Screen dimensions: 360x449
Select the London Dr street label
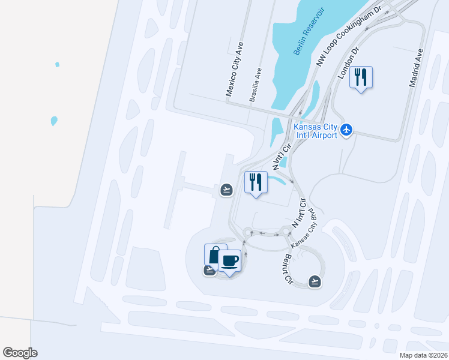pos(348,63)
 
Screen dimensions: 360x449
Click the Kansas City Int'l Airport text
pos(315,130)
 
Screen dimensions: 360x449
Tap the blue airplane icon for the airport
pos(346,130)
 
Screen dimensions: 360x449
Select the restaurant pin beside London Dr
pos(361,77)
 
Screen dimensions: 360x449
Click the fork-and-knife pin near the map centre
pos(256,182)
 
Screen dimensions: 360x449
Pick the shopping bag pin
pos(214,254)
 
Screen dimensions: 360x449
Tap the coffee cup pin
pos(230,260)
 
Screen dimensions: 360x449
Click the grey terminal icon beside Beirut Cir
pos(315,281)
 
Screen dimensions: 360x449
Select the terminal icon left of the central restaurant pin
pos(226,190)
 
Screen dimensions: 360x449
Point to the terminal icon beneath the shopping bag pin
pos(209,271)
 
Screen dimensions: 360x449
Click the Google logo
pos(20,353)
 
